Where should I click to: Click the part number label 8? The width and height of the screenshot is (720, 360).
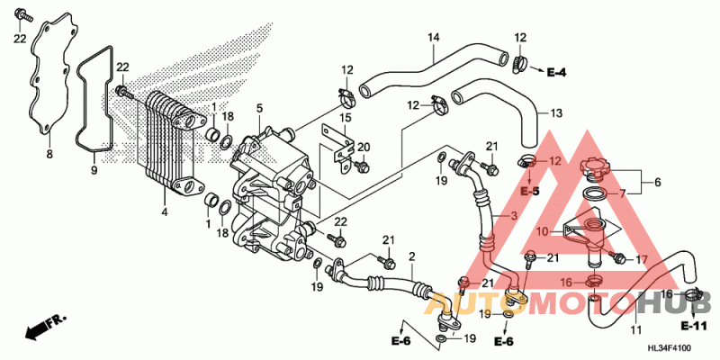[49, 155]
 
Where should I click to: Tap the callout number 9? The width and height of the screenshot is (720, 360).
[94, 167]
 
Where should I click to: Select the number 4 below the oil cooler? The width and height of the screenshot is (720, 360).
[165, 212]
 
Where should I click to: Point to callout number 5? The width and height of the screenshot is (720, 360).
[259, 109]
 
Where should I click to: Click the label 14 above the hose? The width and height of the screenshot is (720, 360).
[433, 37]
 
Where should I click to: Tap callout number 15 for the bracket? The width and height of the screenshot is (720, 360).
[346, 118]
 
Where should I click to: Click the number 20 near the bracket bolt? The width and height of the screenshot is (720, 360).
[364, 147]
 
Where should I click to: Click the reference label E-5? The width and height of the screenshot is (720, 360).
[529, 192]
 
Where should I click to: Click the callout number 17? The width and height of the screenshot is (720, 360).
[642, 259]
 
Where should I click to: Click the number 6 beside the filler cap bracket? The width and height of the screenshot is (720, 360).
[657, 181]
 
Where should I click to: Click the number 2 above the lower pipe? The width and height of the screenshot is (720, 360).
[411, 258]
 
